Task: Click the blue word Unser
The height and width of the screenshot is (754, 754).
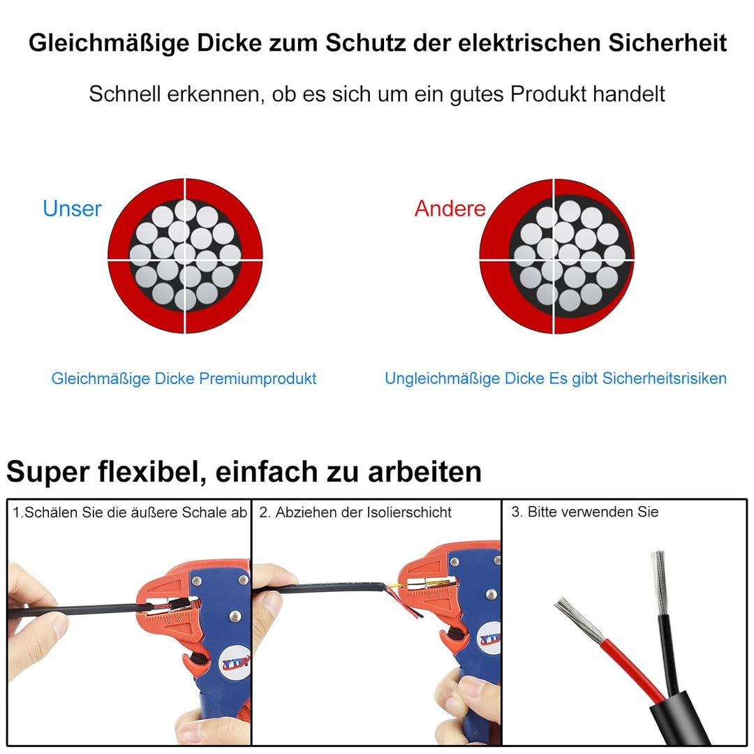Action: (x=72, y=209)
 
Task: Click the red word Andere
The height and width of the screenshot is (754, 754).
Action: (x=450, y=209)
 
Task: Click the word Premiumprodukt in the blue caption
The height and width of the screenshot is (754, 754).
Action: (x=258, y=379)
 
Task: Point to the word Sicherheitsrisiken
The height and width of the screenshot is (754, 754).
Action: (x=664, y=378)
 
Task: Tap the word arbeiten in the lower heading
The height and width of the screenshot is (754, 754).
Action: (x=427, y=472)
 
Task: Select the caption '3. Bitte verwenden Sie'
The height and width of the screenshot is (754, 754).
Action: (x=584, y=512)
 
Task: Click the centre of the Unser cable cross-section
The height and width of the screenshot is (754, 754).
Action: (x=185, y=256)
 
